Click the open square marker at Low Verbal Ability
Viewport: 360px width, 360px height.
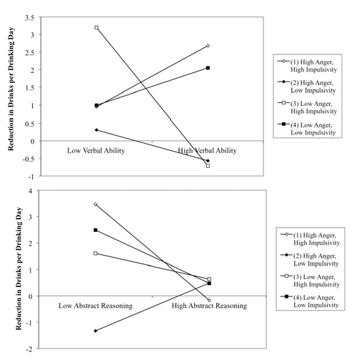coord(97,28)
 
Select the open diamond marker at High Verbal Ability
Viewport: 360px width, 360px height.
coord(208,46)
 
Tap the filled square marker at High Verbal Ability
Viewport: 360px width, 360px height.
coord(208,68)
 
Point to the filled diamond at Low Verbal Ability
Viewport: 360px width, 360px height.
coord(97,130)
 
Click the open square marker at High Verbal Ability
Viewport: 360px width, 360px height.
coord(208,166)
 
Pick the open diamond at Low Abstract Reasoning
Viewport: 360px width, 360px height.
coord(95,204)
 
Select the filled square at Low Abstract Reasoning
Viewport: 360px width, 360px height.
coord(95,230)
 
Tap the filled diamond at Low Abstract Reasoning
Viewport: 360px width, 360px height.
coord(95,331)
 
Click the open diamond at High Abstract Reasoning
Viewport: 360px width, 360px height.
coord(209,300)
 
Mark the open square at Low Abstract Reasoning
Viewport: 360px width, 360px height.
coord(95,253)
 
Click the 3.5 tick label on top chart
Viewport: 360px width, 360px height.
coord(30,18)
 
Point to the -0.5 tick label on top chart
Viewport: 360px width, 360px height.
coord(29,159)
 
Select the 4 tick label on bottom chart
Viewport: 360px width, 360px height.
coord(31,191)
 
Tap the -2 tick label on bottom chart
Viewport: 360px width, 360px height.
coord(29,349)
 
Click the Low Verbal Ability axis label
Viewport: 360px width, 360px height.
coord(96,151)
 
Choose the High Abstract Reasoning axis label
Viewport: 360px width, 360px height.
coord(209,306)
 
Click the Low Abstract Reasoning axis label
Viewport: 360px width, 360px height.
coord(96,306)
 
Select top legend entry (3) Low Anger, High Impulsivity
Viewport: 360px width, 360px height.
coord(308,107)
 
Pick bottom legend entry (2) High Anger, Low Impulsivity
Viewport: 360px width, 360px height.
coord(310,260)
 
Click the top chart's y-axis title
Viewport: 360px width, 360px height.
coord(11,89)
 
